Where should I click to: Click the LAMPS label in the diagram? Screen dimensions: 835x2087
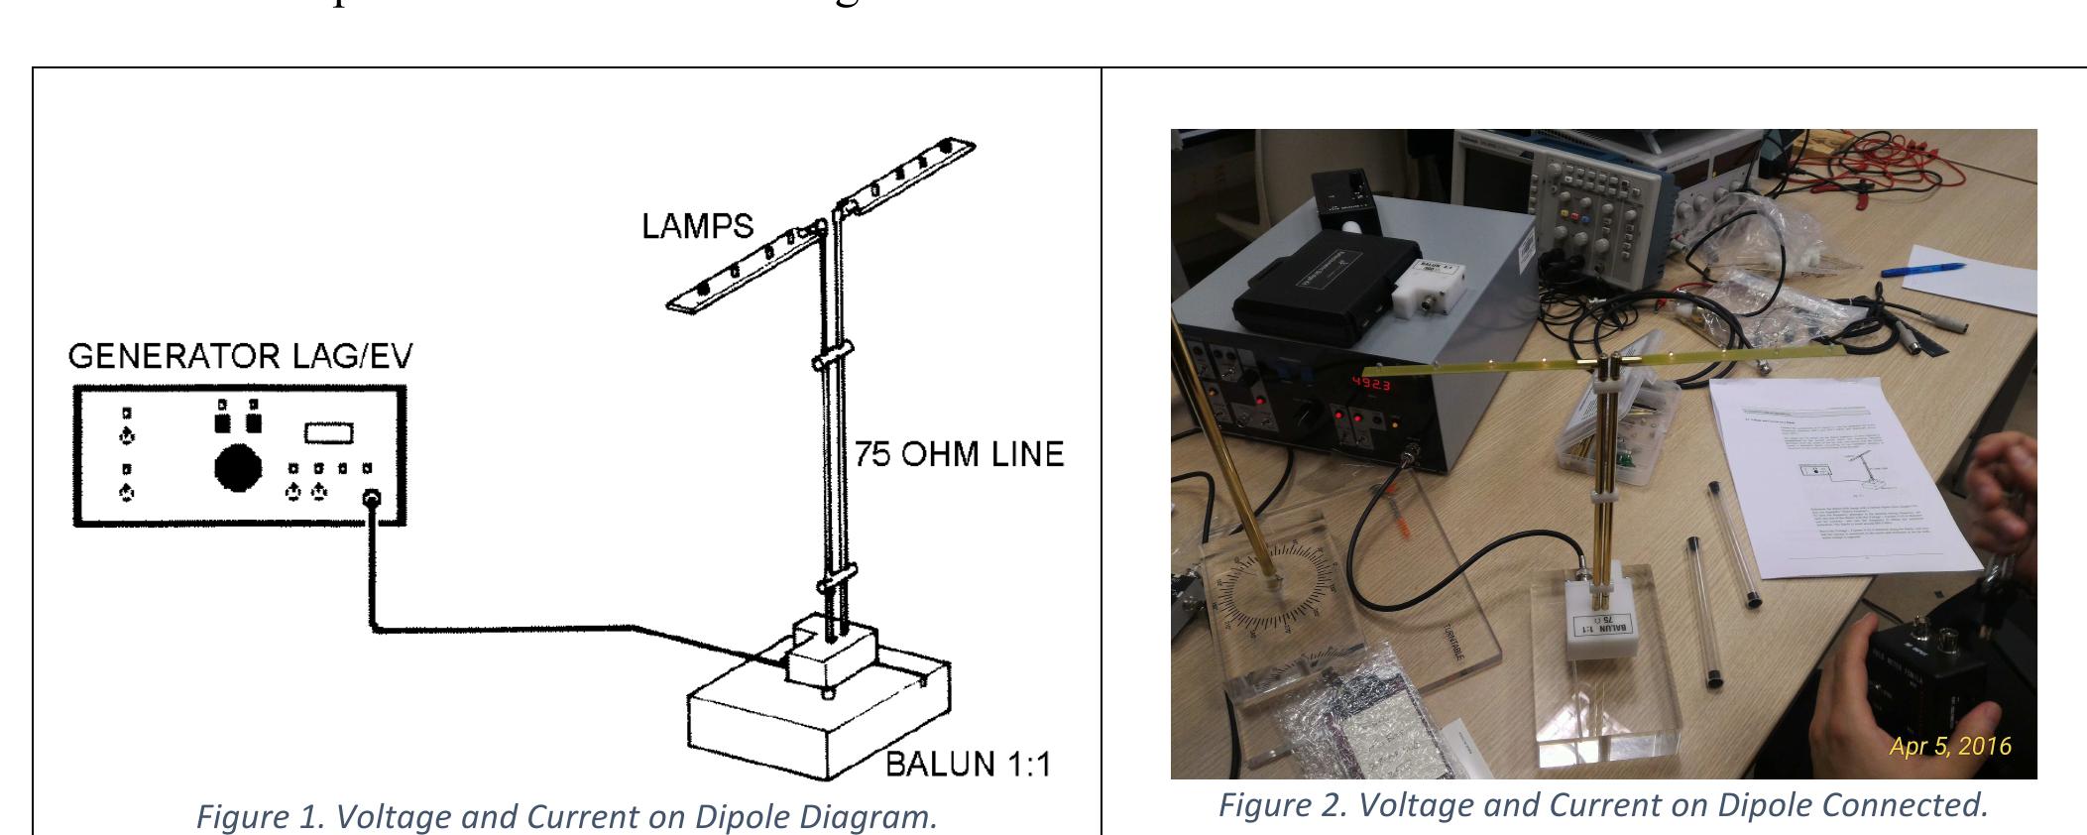tap(697, 226)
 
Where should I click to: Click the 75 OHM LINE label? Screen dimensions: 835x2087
tap(959, 454)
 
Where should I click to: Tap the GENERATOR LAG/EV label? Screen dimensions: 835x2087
tap(240, 356)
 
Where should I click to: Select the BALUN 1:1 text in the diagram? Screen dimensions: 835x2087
tap(968, 765)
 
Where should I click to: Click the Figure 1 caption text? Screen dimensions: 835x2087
tap(566, 816)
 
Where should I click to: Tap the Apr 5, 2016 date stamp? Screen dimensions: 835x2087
tap(1949, 746)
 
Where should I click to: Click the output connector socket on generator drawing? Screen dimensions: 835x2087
tap(373, 500)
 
